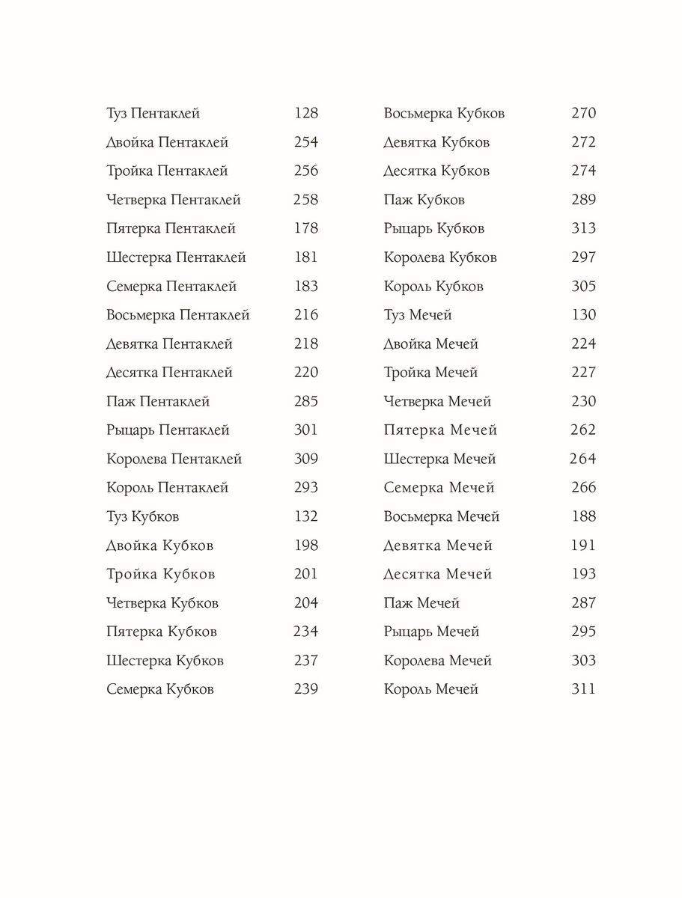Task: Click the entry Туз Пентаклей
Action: pyautogui.click(x=153, y=114)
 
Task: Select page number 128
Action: pyautogui.click(x=306, y=114)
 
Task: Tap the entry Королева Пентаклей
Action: pyautogui.click(x=174, y=459)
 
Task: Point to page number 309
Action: pyautogui.click(x=306, y=459)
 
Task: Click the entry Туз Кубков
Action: pyautogui.click(x=143, y=517)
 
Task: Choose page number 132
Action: pyautogui.click(x=306, y=517)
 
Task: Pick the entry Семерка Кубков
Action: pyautogui.click(x=160, y=690)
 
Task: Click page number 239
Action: pyautogui.click(x=306, y=690)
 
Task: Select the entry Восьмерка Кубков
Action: pyautogui.click(x=444, y=114)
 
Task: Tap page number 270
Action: pyautogui.click(x=584, y=114)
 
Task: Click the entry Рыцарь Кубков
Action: pyautogui.click(x=434, y=229)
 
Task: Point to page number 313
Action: pyautogui.click(x=584, y=229)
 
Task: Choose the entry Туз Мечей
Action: pyautogui.click(x=418, y=316)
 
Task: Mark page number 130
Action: pyautogui.click(x=584, y=316)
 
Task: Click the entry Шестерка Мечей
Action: pyautogui.click(x=439, y=459)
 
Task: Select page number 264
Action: pyautogui.click(x=582, y=459)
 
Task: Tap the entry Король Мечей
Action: pyautogui.click(x=430, y=690)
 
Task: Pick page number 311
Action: pyautogui.click(x=583, y=690)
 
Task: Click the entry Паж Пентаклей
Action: pyautogui.click(x=158, y=402)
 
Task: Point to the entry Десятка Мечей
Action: pyautogui.click(x=438, y=575)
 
